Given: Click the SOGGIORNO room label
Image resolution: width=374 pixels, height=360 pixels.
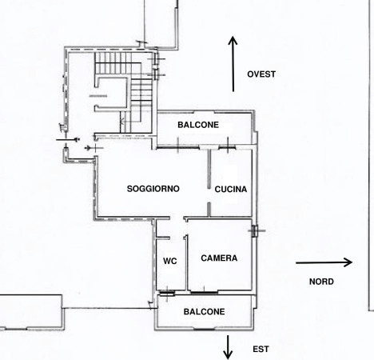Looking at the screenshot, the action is pos(153,189).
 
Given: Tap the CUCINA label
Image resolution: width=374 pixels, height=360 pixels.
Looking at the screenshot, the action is pos(231,190).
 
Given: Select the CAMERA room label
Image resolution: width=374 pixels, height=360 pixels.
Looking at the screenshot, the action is pos(219,258).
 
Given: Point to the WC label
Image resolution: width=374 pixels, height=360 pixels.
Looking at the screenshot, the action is pos(170,261).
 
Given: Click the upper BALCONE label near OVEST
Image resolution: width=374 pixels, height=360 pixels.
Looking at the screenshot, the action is pos(198,125).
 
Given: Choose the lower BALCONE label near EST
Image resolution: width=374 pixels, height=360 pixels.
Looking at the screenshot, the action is pos(204,312).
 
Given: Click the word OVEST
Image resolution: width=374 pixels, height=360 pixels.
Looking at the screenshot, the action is pos(261,74).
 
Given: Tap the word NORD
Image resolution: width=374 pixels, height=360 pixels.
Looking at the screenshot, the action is pos(321,282).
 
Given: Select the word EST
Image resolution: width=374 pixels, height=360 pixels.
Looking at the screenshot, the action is pos(261,349).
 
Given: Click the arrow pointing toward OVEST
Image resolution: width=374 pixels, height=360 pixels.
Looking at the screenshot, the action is pos(233,64).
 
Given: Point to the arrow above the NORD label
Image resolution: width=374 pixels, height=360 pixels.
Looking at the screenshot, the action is pos(324,262).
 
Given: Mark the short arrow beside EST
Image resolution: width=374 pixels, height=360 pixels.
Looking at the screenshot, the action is pos(228,347).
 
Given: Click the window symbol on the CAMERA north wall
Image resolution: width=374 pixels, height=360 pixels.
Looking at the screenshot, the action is pos(255,231).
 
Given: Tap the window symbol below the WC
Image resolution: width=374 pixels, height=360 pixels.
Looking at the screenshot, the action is pos(167,294).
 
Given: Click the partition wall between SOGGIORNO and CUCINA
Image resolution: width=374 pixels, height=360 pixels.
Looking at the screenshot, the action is pos(209,182).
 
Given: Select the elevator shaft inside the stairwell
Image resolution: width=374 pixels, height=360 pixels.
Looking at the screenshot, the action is pos(111,94).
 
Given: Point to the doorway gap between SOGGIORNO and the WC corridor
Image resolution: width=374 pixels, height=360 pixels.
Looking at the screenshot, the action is pos(177,218).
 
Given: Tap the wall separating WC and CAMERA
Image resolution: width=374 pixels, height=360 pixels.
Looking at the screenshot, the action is pos(186,262).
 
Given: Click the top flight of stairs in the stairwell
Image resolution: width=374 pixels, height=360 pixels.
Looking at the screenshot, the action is pos(113,63).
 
